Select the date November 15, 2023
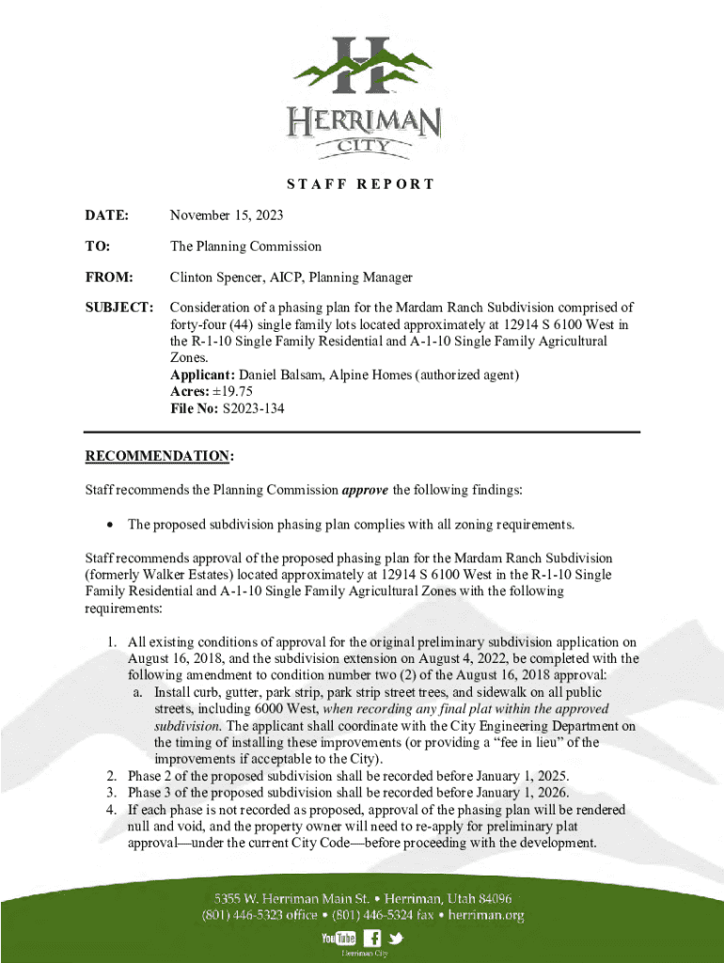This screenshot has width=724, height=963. (x=226, y=216)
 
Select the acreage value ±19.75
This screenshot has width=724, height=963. (x=233, y=392)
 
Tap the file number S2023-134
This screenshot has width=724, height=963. (x=252, y=409)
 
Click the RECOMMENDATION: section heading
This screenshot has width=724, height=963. (x=160, y=456)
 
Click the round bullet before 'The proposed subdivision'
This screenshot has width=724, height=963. (x=111, y=524)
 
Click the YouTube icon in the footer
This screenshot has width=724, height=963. (x=338, y=938)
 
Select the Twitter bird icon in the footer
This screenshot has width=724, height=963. (x=395, y=938)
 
